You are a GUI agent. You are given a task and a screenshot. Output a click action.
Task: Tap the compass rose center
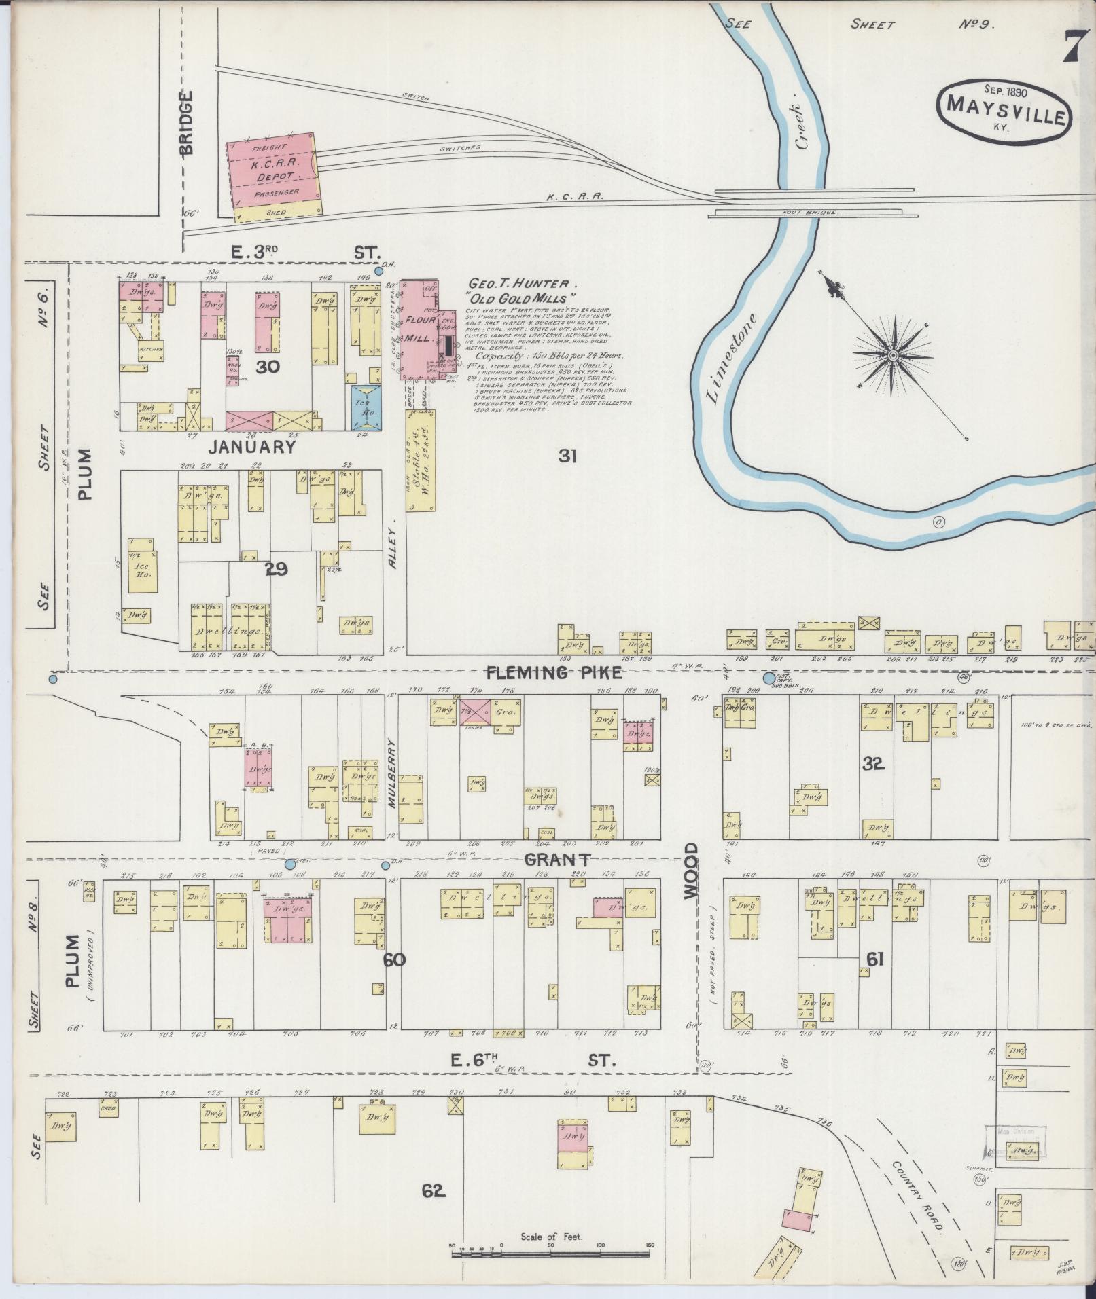click(893, 354)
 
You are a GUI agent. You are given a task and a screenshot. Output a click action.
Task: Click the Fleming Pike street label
click(554, 673)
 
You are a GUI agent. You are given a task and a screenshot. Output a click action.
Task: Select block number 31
click(567, 456)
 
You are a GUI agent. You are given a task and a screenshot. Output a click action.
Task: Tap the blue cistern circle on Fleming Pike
click(768, 678)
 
